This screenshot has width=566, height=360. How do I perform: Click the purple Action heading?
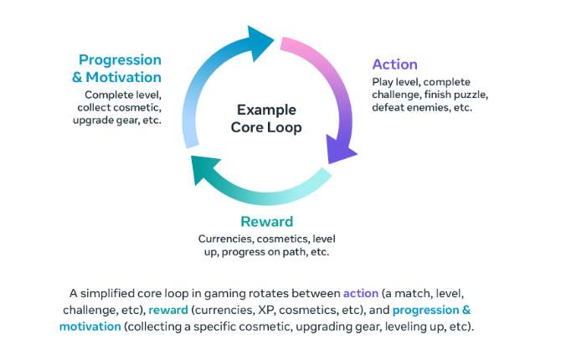point(394,64)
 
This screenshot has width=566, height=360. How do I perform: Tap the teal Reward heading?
point(267,221)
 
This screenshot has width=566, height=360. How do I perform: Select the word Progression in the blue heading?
point(120,60)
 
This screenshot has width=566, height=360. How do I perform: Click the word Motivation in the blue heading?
point(123,77)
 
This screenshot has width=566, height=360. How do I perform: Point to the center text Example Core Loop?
point(266,118)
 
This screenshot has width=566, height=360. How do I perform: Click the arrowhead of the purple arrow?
point(341,149)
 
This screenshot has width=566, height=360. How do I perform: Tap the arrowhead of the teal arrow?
point(205,169)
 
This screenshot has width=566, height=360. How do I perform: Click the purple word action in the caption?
point(361,293)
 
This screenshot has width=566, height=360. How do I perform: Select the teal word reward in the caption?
point(168,310)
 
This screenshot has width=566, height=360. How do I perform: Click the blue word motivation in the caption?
point(90,327)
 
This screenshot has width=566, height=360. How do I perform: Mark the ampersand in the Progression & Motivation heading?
point(76,77)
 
